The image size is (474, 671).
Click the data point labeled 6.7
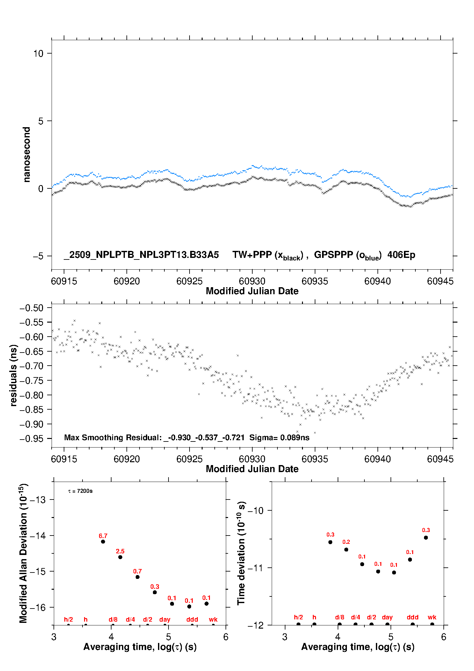coord(103,542)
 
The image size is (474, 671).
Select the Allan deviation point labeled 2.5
coord(120,557)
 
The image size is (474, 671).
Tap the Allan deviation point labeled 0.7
coord(138,577)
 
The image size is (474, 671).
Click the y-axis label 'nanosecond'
coord(26,155)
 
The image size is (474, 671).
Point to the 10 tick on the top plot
coord(38,54)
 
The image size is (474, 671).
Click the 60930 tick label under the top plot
coord(252,281)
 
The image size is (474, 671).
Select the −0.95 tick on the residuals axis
coord(31,439)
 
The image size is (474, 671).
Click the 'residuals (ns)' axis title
coord(13,375)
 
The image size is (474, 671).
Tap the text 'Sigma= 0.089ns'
coord(279,438)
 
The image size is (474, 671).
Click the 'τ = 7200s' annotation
coord(80,491)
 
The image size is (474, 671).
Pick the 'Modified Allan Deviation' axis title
coord(23,553)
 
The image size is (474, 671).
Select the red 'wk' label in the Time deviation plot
coord(432,617)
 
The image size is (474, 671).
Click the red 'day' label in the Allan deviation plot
coord(165,619)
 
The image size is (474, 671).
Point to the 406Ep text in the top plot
coord(401,255)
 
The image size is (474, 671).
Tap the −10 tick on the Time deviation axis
coord(255,511)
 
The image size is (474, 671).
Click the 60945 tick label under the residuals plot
coord(440,459)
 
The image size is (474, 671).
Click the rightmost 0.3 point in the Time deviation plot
coord(426,538)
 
